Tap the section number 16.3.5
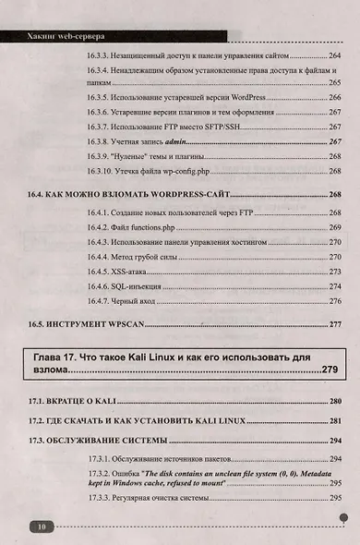point(100,96)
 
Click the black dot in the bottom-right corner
point(342,519)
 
